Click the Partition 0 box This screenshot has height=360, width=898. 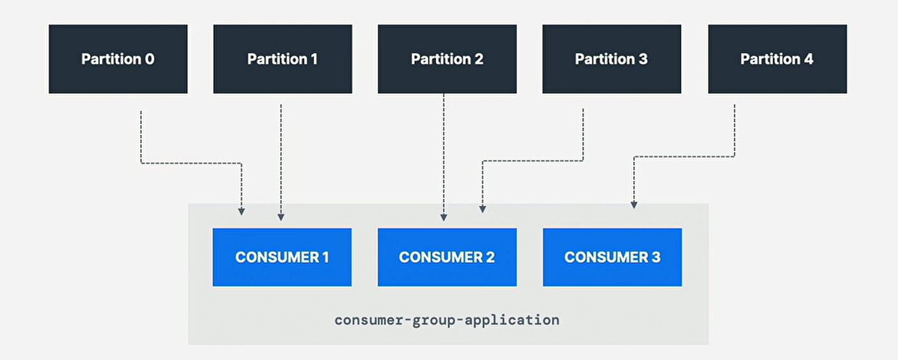[x=118, y=59]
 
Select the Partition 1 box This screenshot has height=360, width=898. [x=282, y=59]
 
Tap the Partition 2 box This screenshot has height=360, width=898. [x=446, y=59]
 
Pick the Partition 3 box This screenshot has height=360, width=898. [x=611, y=59]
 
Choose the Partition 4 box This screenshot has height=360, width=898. [x=777, y=59]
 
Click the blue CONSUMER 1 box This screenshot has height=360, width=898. [x=282, y=257]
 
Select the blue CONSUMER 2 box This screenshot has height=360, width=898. [x=446, y=257]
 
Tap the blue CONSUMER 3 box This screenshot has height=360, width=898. [x=612, y=257]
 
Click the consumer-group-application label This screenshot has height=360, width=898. [x=446, y=320]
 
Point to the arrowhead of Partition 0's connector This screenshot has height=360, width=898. [x=241, y=211]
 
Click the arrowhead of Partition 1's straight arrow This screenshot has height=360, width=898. [x=281, y=217]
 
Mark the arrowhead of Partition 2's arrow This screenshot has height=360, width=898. [x=444, y=217]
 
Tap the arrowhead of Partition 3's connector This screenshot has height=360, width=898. [x=482, y=208]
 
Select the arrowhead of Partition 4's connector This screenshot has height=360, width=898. [x=634, y=205]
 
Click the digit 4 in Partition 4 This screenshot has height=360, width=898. [x=808, y=59]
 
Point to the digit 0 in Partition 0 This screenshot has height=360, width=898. [x=150, y=59]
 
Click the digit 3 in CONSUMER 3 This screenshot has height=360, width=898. [x=655, y=257]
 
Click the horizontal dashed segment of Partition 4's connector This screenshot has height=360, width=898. [x=684, y=157]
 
